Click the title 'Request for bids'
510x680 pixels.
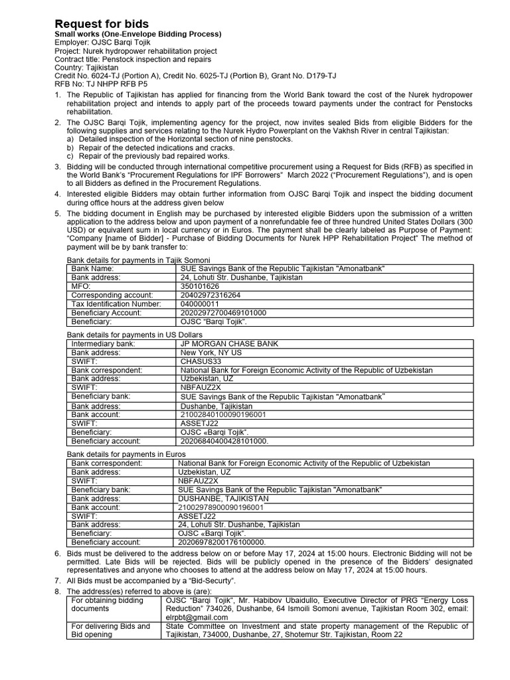coord(102,24)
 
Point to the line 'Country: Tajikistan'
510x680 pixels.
coord(86,67)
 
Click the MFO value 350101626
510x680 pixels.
coord(199,286)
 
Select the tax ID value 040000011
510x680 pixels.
coord(199,303)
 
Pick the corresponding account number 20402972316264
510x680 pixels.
coord(211,295)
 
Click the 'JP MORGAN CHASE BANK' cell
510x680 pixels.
coord(229,344)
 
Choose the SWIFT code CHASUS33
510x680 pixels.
coord(200,361)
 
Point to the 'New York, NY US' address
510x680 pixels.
coord(211,353)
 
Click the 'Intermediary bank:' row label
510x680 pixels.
coord(104,344)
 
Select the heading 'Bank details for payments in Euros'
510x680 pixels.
coord(127,454)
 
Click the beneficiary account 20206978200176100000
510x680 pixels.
coord(222,542)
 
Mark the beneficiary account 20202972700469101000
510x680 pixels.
coord(223,312)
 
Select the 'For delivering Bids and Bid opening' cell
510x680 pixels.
coord(110,630)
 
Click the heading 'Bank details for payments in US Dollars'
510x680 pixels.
coord(135,335)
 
